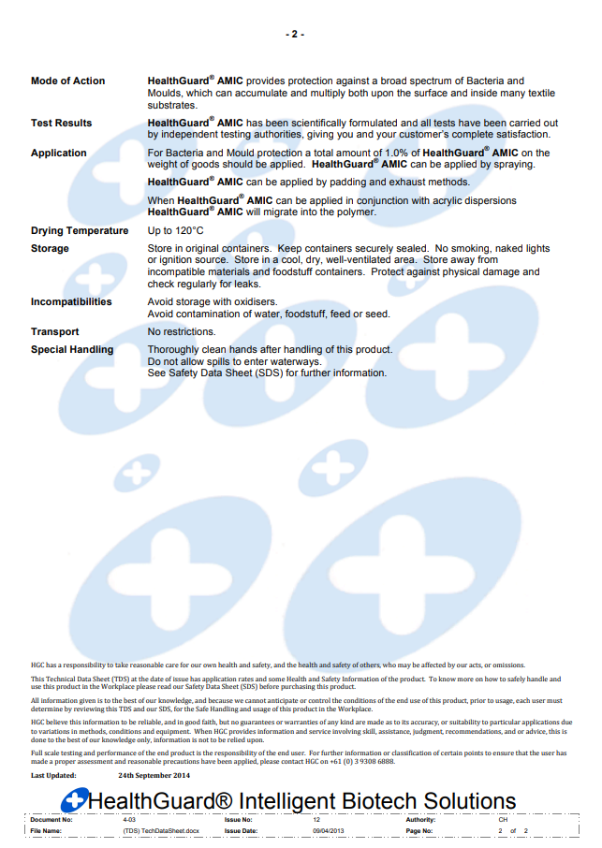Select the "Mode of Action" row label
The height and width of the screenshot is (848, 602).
pyautogui.click(x=68, y=81)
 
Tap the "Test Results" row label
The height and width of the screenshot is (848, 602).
pyautogui.click(x=62, y=124)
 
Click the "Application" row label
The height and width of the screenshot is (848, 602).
pyautogui.click(x=59, y=154)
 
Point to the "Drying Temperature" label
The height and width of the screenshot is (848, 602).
pyautogui.click(x=80, y=231)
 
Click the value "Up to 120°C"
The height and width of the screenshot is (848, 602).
pyautogui.click(x=176, y=231)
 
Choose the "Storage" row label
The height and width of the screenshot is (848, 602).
pyautogui.click(x=50, y=249)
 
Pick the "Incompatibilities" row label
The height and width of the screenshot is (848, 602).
pyautogui.click(x=71, y=302)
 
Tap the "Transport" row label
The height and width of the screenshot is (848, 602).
pyautogui.click(x=55, y=332)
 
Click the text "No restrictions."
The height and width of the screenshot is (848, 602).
pyautogui.click(x=182, y=332)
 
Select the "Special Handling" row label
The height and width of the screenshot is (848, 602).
pyautogui.click(x=72, y=350)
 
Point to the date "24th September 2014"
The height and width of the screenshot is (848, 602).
pyautogui.click(x=154, y=776)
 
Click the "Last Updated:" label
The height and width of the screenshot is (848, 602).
pyautogui.click(x=53, y=776)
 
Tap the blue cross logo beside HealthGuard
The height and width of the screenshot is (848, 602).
pyautogui.click(x=74, y=801)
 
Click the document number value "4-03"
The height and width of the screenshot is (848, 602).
pyautogui.click(x=129, y=820)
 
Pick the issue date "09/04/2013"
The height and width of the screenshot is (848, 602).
pyautogui.click(x=330, y=831)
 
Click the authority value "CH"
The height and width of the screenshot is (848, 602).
pyautogui.click(x=503, y=820)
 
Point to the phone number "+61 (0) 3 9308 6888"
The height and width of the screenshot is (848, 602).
pyautogui.click(x=362, y=762)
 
